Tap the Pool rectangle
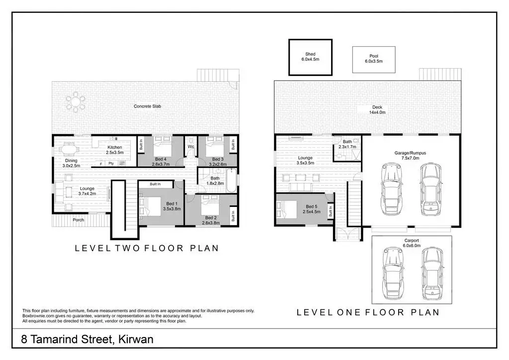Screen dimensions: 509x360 click(374, 59)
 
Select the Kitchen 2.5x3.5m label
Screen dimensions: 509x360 click(115, 150)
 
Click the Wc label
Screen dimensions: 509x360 click(191, 147)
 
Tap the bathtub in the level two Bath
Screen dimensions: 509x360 click(232, 180)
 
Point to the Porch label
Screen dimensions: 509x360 click(78, 220)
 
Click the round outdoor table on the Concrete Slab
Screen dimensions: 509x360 click(76, 102)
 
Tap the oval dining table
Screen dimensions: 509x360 click(69, 150)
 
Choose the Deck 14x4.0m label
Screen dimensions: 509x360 click(377, 110)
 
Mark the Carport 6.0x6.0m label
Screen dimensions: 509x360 click(412, 243)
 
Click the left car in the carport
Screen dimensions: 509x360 click(393, 273)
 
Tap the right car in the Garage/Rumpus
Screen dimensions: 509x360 click(431, 189)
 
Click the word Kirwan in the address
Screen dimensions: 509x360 click(136, 340)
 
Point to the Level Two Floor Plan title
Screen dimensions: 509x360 click(147, 248)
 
